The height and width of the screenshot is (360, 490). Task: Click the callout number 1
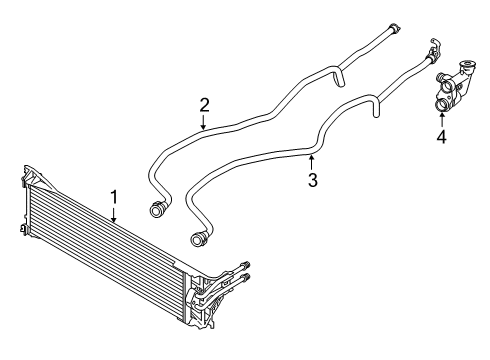click(114, 197)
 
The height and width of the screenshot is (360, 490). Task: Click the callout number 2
click(204, 104)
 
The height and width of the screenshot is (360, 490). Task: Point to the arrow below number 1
click(114, 214)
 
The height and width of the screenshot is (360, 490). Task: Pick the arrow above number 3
click(312, 162)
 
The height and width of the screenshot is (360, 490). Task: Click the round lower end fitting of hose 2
click(156, 209)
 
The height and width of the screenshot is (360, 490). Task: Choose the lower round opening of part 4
click(442, 101)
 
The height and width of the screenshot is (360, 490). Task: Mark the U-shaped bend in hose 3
click(377, 101)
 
